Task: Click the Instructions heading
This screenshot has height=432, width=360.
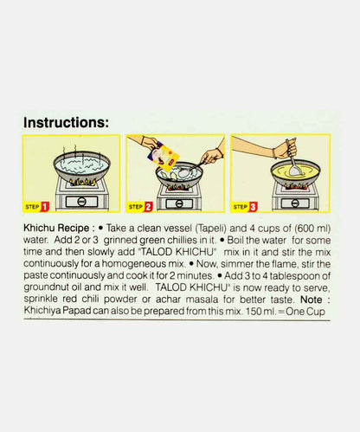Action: pyautogui.click(x=78, y=122)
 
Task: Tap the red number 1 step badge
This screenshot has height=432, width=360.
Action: pyautogui.click(x=44, y=206)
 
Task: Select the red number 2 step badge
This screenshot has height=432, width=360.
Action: pyautogui.click(x=148, y=206)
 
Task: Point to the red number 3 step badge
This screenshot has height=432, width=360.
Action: pyautogui.click(x=253, y=206)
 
